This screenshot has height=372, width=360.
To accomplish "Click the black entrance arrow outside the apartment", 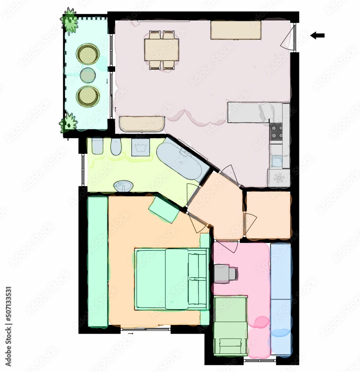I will coord(318,36).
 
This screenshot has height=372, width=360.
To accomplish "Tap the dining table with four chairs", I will coord(162,50).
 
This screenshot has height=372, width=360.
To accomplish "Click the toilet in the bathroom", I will coord(97,146).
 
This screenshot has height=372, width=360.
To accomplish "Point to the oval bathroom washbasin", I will coord(124,186).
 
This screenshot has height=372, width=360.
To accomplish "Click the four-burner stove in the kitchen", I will coord(276,131).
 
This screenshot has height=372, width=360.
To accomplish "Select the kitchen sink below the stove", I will coord(276,160).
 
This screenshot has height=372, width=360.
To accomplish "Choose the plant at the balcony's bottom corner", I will coord(68,123).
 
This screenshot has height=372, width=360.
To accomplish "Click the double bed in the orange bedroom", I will coord(171,279).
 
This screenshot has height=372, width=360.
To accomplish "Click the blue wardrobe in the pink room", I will coord(280,298).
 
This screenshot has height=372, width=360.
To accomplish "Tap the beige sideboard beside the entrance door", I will coord(235,30).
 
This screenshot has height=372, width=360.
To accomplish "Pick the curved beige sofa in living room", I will coord(142,124).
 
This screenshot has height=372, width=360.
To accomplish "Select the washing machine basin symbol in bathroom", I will coord(141,147).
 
